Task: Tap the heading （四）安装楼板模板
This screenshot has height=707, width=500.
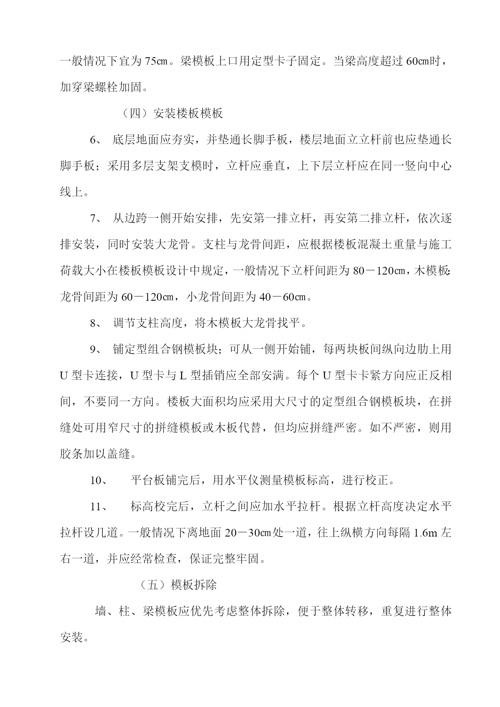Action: coord(172,113)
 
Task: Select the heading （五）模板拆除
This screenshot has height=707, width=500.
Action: coord(178,585)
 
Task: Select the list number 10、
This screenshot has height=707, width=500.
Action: coord(98,480)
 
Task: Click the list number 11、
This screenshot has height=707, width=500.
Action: coord(98,506)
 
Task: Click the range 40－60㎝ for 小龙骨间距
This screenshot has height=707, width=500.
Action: coord(283,297)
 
